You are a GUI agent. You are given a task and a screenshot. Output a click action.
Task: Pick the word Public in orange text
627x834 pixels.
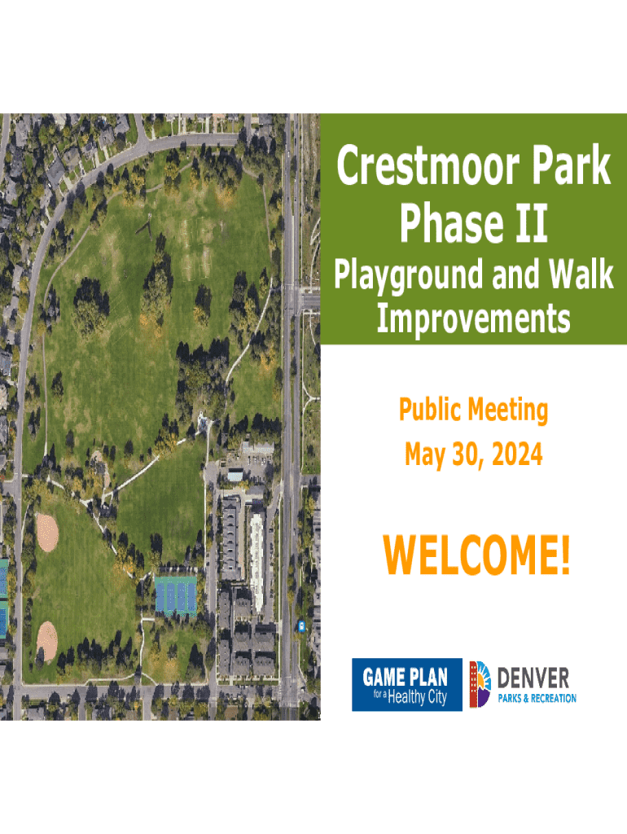[430, 411]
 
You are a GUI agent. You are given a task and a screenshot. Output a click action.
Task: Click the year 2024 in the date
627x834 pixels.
[517, 454]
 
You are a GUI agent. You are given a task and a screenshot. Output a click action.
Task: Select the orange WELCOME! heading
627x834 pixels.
[476, 555]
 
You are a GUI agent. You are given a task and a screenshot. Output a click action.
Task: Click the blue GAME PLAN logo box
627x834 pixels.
[407, 684]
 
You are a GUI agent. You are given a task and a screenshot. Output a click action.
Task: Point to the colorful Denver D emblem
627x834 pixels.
[480, 684]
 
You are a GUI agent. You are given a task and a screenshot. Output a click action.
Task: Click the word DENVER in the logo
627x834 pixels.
[533, 678]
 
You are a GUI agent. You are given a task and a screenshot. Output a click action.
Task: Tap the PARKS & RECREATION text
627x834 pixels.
[537, 698]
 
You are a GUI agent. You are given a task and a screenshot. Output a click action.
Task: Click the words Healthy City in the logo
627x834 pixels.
[418, 697]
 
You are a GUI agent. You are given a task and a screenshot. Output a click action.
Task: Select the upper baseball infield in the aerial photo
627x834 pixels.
[47, 533]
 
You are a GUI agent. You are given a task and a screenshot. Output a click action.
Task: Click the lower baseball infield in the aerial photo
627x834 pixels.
[46, 641]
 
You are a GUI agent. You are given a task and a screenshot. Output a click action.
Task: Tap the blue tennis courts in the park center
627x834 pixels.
[176, 595]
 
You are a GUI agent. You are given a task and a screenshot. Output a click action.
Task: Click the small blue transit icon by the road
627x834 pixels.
[301, 626]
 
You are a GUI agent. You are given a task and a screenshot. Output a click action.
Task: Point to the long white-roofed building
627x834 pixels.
[257, 563]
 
